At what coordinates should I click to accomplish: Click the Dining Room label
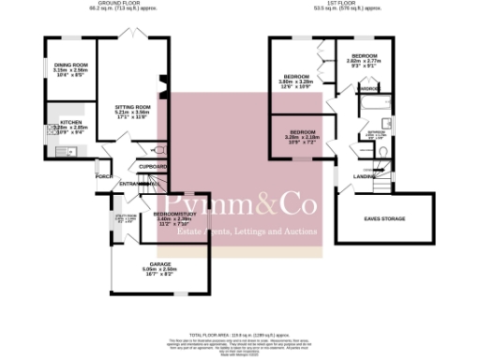tap(69, 66)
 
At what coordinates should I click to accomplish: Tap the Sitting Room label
tap(132, 108)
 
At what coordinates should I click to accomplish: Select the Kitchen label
tap(71, 123)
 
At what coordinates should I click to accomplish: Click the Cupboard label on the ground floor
tap(152, 166)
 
